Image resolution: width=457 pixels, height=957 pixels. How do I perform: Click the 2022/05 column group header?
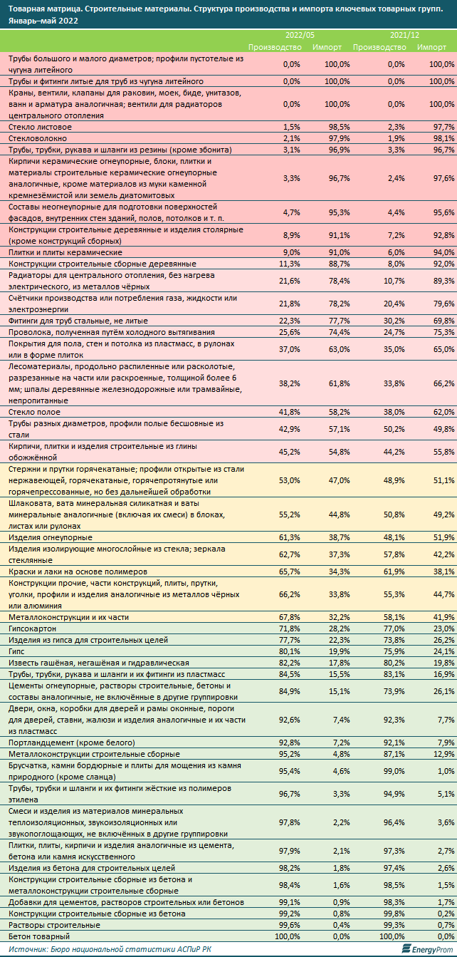299,34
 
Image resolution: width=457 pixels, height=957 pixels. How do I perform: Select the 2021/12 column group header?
404,34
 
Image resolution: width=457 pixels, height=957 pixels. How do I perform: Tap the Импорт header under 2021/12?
431,46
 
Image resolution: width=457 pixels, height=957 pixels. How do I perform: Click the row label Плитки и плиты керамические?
65,252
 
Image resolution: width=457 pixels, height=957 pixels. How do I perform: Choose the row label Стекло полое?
33,412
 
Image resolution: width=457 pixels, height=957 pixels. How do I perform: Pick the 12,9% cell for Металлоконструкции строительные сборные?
442,753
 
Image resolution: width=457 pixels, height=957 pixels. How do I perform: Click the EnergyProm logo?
424,948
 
